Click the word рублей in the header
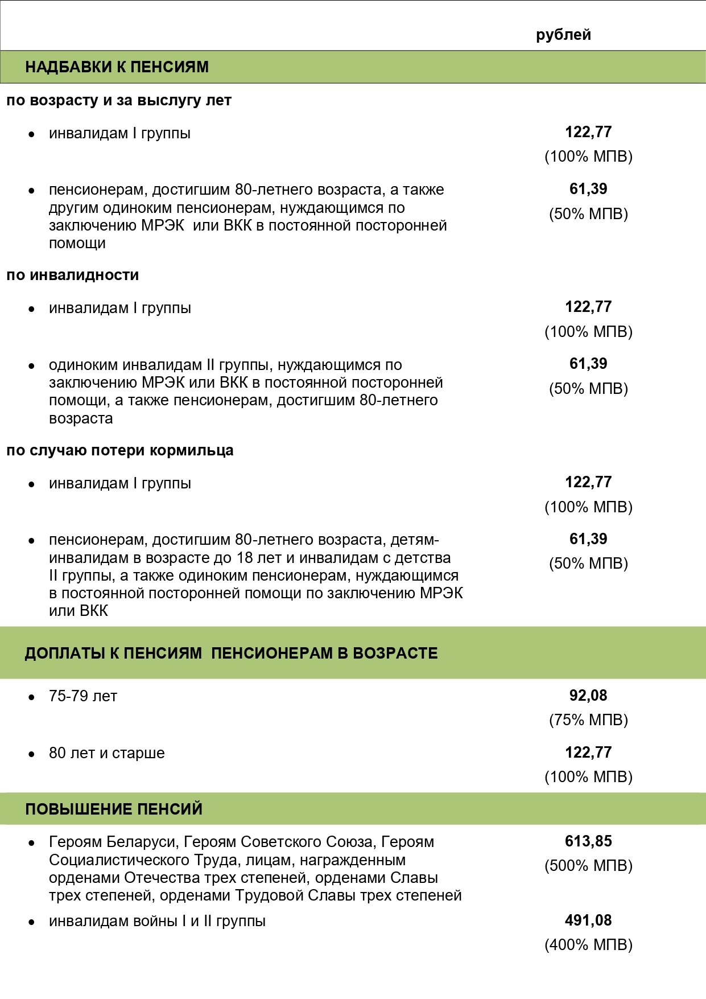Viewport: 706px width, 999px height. tap(563, 35)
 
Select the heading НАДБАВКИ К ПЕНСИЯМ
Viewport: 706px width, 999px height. tap(117, 67)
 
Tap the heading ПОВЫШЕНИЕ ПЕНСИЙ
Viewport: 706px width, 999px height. tap(114, 809)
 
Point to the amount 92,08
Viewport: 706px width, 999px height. tap(588, 696)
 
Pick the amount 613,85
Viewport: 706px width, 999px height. tap(588, 841)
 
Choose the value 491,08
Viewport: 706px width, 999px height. tap(588, 920)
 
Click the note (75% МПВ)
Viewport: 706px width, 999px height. tap(588, 720)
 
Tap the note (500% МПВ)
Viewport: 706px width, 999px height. tap(588, 866)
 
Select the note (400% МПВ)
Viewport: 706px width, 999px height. tap(588, 945)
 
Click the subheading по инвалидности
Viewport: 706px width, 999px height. tap(73, 275)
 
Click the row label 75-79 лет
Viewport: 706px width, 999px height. tap(83, 696)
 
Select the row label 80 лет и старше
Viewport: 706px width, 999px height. tap(107, 753)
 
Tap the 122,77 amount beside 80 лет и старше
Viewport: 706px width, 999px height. tap(588, 753)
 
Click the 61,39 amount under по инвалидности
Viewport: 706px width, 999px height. tap(588, 364)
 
